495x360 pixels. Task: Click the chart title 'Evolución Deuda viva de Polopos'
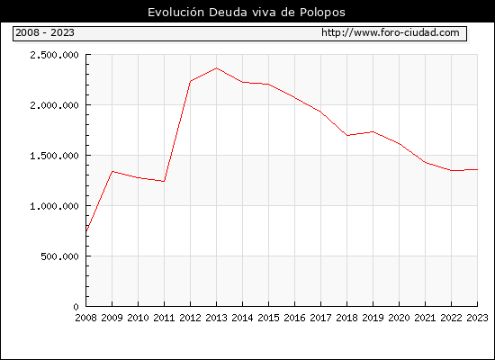point(247,13)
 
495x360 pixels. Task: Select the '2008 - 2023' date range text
point(45,32)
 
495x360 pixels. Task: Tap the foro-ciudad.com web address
point(391,32)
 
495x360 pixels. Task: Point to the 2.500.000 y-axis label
point(54,55)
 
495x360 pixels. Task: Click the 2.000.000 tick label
point(54,105)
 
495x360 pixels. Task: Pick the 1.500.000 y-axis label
point(54,156)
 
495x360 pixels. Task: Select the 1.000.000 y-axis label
point(54,206)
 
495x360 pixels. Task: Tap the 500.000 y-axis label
point(59,256)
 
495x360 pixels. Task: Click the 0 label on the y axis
point(76,307)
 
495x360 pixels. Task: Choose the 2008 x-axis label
point(85,318)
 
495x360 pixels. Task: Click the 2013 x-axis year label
point(216,318)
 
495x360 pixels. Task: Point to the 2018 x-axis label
point(346,318)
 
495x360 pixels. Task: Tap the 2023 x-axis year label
point(477,318)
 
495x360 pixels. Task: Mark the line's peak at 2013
point(217,67)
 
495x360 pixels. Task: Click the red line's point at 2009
point(112,171)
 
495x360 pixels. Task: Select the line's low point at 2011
point(164,181)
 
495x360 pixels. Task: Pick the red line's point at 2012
point(191,81)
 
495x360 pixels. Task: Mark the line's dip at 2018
point(346,135)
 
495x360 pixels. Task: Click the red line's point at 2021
point(425,162)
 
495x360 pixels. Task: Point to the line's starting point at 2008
point(86,231)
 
